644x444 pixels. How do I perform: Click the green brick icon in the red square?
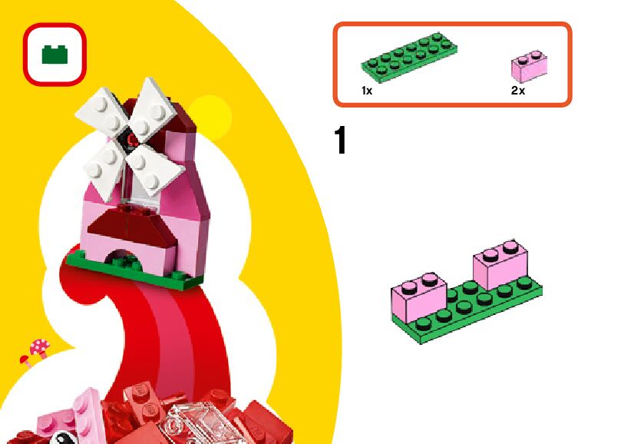point(54,54)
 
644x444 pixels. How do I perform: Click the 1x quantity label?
point(367,91)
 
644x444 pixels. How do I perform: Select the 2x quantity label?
point(518,91)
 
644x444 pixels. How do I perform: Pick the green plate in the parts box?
point(410,58)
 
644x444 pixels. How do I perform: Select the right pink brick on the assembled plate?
point(501,267)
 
